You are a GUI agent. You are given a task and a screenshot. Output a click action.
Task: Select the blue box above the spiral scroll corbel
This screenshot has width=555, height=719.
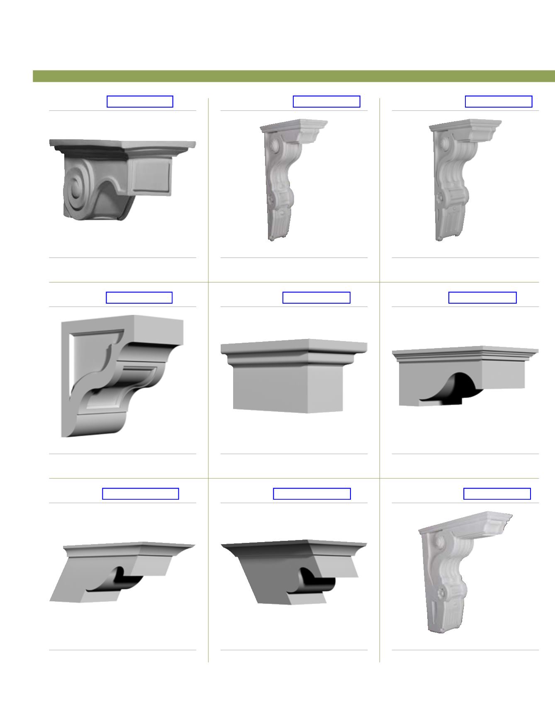coord(140,102)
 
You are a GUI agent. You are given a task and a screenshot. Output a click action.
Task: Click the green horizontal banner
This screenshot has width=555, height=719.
coord(294,76)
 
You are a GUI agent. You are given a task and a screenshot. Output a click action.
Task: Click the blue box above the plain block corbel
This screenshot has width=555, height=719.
coord(316,298)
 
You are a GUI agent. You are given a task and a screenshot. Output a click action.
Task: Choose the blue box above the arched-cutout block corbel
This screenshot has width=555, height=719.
coord(482,298)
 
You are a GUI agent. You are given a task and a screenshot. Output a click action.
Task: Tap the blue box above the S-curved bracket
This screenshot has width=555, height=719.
coord(139,298)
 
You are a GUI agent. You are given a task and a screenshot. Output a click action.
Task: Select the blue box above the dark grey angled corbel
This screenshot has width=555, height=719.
coord(312,494)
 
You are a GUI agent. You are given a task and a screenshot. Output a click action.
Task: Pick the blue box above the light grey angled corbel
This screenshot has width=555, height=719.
coord(140,494)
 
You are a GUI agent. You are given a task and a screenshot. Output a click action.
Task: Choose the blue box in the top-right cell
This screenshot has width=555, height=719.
coord(499,102)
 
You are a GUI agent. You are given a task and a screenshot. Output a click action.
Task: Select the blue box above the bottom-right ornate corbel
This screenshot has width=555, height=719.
coord(497,494)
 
